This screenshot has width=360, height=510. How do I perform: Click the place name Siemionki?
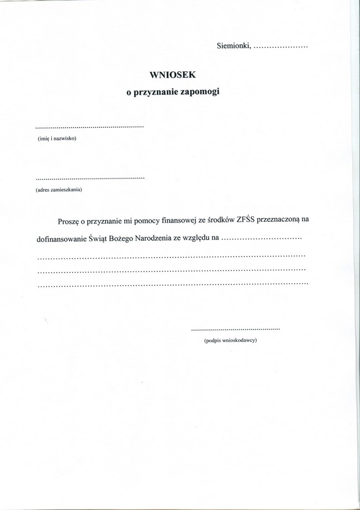coord(233,46)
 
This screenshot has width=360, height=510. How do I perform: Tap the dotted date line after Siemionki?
coord(281,48)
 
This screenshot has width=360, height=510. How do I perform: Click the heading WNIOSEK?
coord(172,75)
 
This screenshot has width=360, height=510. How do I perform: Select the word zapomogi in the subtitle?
coord(200,92)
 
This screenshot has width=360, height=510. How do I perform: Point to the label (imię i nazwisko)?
coord(57,139)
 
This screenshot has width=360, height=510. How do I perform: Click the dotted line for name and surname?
coord(90,127)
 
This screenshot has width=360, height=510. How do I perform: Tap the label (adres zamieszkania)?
coord(59,189)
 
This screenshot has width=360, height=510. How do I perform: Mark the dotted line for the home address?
coord(90,178)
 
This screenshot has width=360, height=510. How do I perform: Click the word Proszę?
coord(68,221)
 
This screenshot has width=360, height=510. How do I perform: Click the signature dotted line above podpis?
coord(236,329)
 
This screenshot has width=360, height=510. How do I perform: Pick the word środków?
coord(221,221)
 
